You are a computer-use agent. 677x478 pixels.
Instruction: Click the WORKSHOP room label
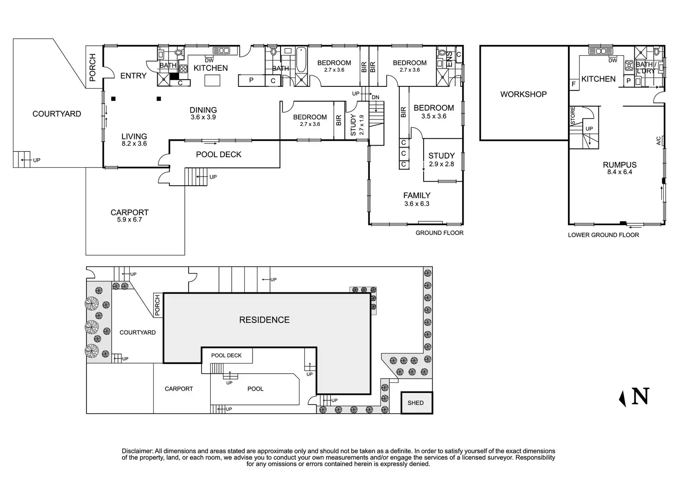pos(523,94)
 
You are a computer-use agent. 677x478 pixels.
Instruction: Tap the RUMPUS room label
pos(620,165)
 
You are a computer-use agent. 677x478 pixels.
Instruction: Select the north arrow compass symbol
pos(634,397)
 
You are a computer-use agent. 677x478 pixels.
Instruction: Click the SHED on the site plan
pos(417,403)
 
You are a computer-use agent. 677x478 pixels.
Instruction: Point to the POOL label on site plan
pos(255,389)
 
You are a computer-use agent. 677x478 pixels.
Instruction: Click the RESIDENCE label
pos(264,320)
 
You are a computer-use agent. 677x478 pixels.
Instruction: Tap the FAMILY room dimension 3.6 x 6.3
pos(417,204)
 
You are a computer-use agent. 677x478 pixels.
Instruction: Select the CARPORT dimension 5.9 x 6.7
pos(129,220)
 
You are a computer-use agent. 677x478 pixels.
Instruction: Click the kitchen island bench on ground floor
pos(212,80)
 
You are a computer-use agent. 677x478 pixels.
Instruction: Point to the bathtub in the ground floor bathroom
pos(301,59)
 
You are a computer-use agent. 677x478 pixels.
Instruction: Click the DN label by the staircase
pos(375,97)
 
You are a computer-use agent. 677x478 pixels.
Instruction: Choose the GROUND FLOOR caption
pos(439,233)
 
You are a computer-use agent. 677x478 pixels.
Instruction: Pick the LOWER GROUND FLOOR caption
pos(603,235)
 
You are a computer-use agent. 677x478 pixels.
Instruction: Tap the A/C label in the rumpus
pos(659,141)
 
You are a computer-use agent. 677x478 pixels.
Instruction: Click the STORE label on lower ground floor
pos(573,116)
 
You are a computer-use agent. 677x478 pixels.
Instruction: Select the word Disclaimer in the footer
pos(138,451)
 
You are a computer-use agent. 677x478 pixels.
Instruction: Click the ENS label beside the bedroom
pos(449,59)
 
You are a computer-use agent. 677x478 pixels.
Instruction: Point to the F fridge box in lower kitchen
pos(574,84)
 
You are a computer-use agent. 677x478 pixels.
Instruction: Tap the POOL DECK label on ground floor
pos(218,154)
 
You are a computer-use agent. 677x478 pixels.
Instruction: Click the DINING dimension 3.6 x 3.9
pos(203,117)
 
